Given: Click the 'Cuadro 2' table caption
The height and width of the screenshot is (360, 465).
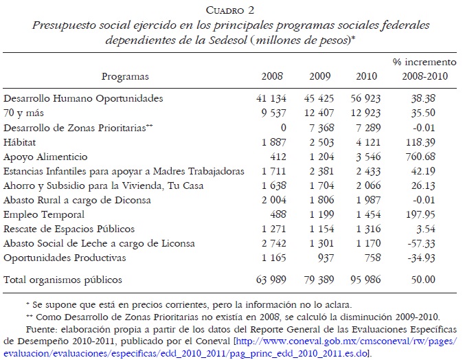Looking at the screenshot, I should (x=231, y=10).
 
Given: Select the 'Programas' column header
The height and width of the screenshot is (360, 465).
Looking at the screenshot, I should (x=125, y=76).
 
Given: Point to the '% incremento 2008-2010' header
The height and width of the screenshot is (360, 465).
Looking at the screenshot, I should (x=420, y=69).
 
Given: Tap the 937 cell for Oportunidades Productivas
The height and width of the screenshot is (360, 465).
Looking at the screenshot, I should (x=323, y=258).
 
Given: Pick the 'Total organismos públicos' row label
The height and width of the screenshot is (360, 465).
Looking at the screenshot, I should (x=63, y=280).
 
